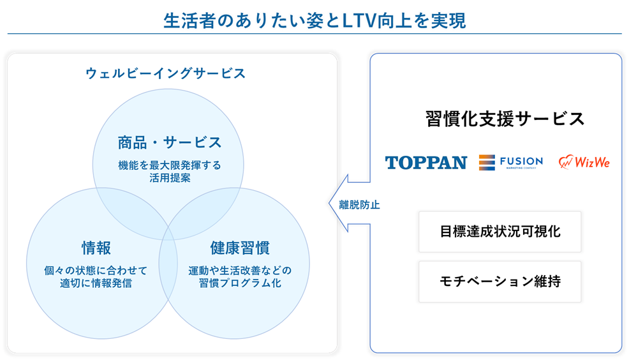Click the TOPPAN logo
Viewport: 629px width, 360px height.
426,163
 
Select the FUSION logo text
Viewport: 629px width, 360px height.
521,160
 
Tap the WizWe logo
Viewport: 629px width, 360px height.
584,162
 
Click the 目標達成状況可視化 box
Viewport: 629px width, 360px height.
500,232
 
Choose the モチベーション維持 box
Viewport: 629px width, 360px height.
500,281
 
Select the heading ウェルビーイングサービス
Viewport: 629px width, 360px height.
165,73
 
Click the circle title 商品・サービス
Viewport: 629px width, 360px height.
169,142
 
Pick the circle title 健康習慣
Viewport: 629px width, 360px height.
239,248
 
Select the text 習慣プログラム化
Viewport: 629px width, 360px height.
239,283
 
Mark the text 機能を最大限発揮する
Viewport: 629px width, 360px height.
169,165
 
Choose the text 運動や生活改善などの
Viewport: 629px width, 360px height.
239,269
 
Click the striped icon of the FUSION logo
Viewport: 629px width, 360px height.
487,162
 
